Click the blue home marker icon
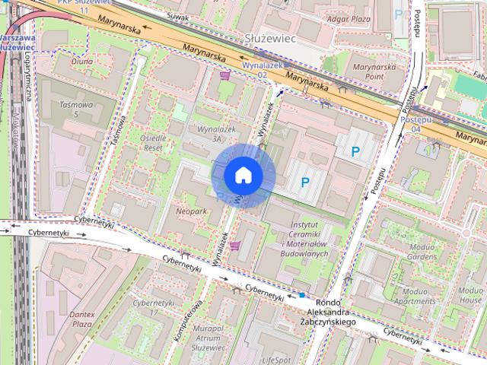pos(243,176)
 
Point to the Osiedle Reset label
pos(158,142)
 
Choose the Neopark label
pos(192,212)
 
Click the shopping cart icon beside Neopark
pos(236,246)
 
